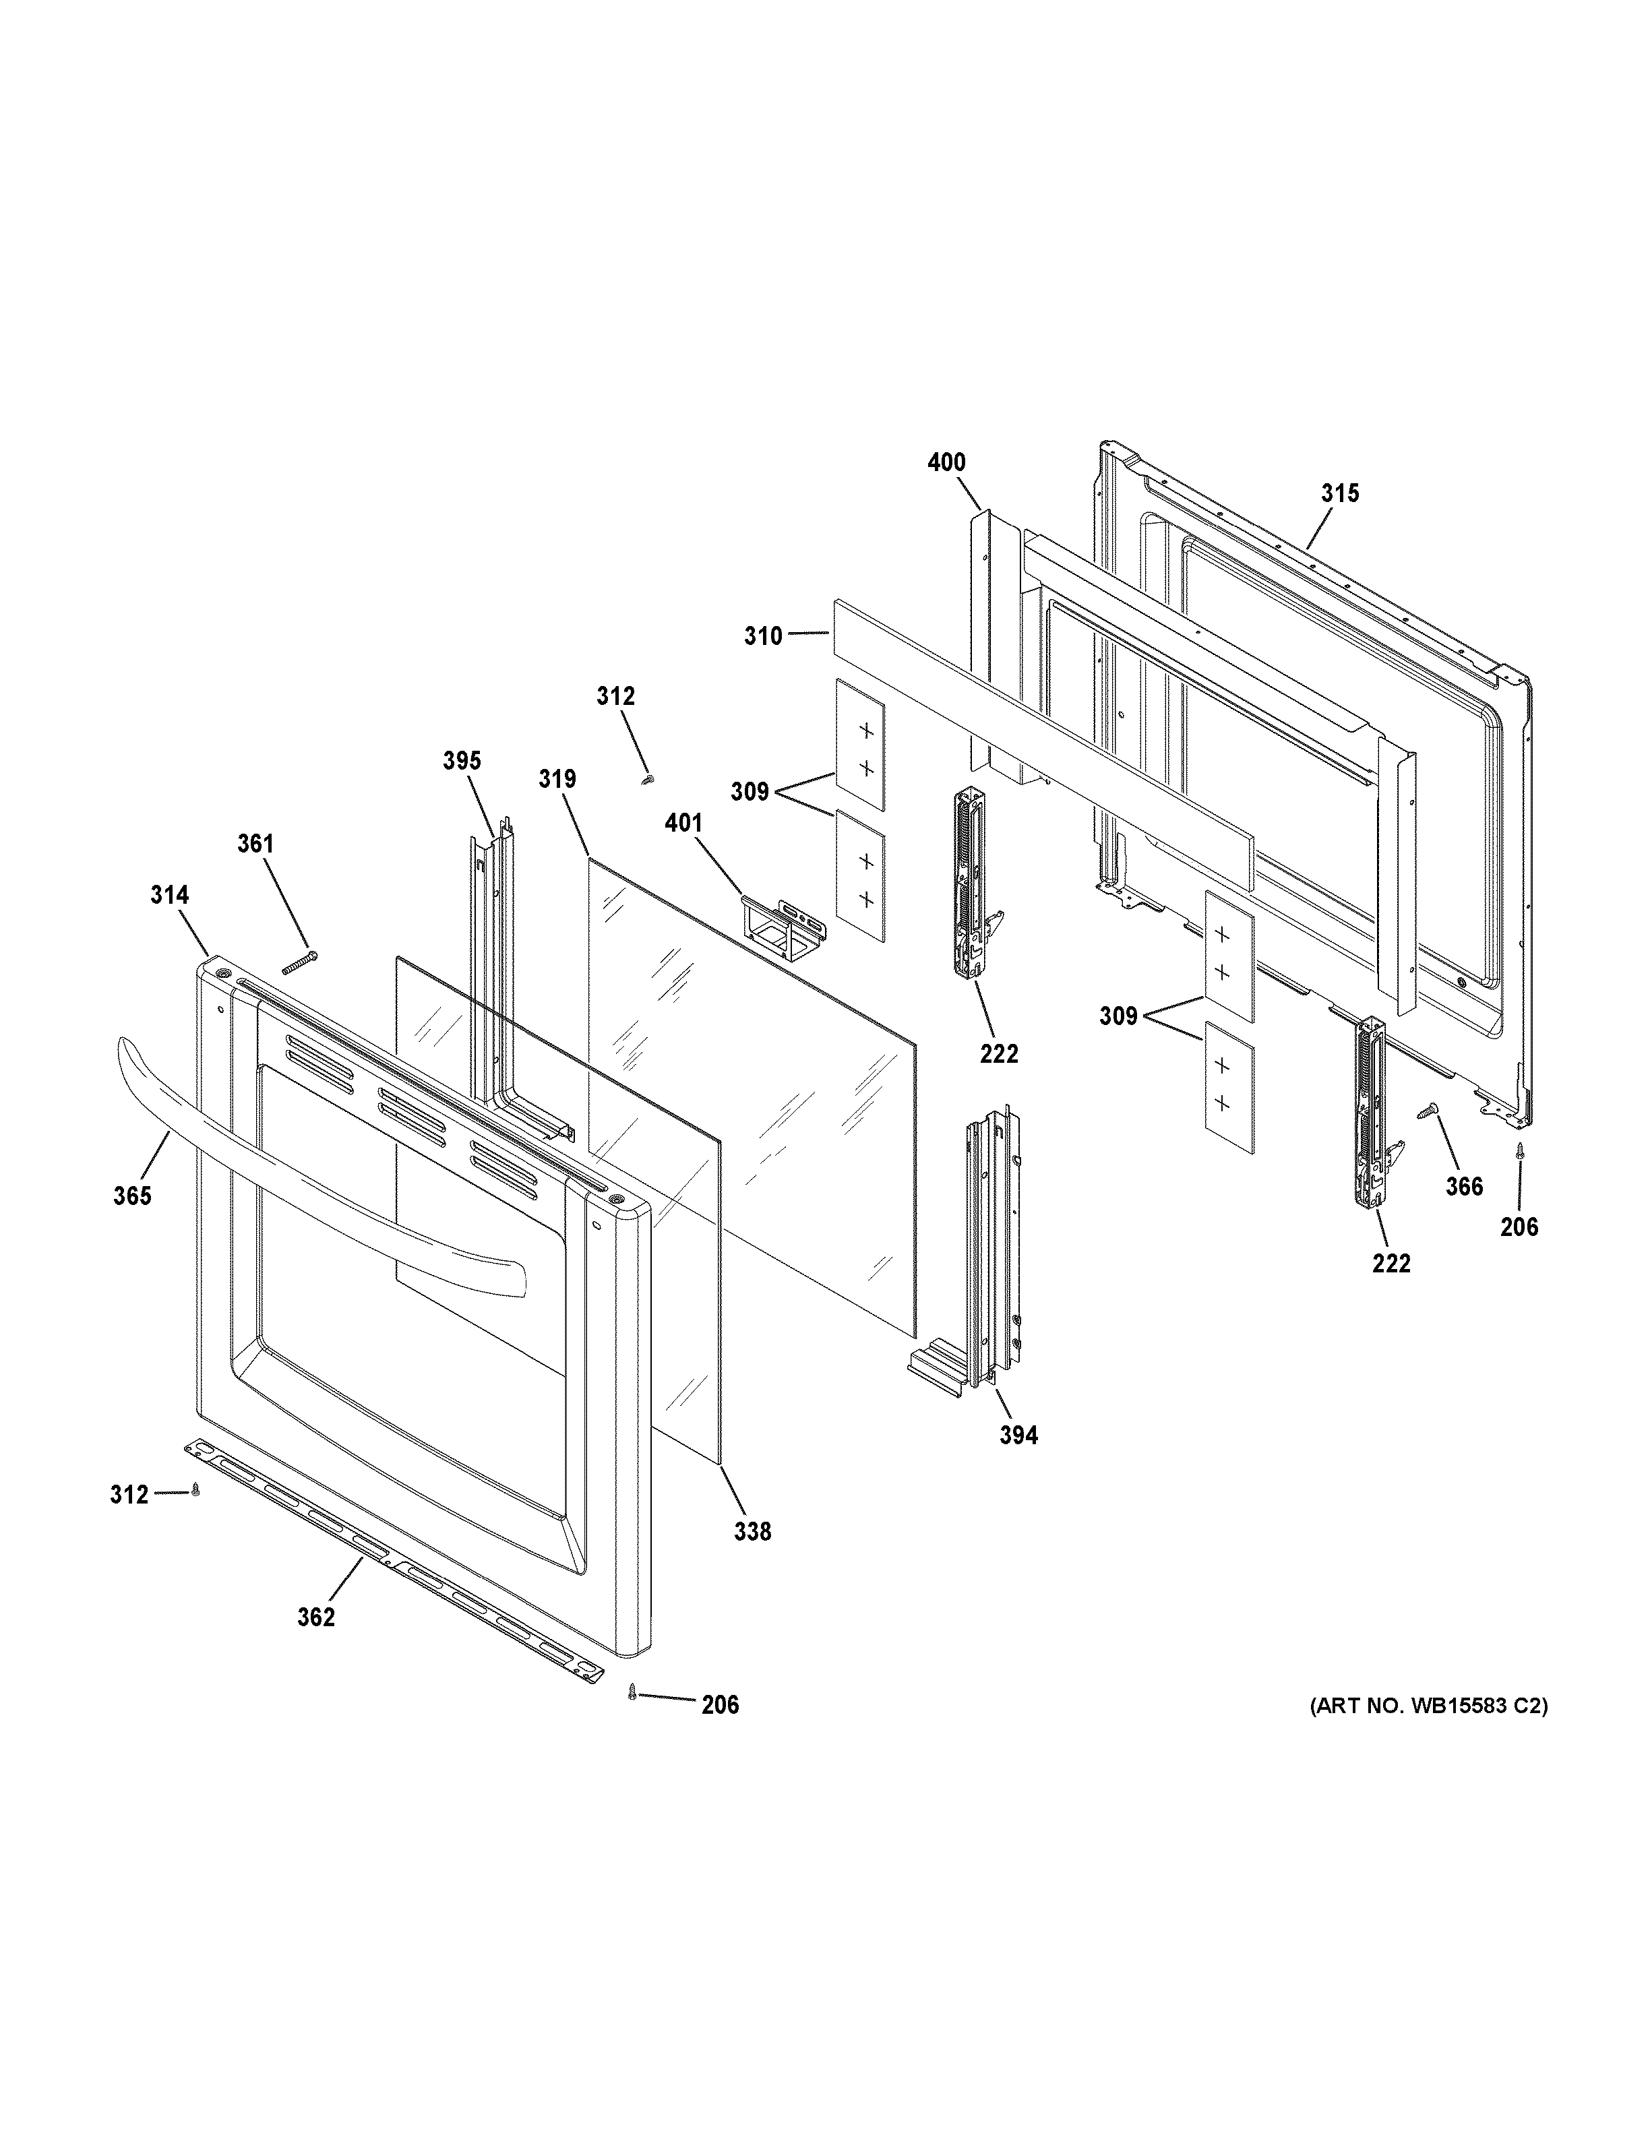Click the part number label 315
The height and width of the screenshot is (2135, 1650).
point(1339,494)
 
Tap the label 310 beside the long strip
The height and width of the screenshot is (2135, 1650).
point(764,636)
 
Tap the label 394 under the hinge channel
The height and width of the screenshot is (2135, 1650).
point(1018,1434)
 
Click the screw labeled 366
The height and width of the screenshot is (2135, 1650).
point(1426,1111)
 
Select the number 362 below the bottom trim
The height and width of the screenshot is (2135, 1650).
point(315,1617)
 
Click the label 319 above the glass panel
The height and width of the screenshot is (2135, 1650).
point(557,779)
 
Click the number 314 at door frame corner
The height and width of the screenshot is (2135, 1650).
point(169,894)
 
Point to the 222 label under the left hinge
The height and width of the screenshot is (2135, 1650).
point(998,1054)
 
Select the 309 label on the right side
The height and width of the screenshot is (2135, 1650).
point(1118,1017)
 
